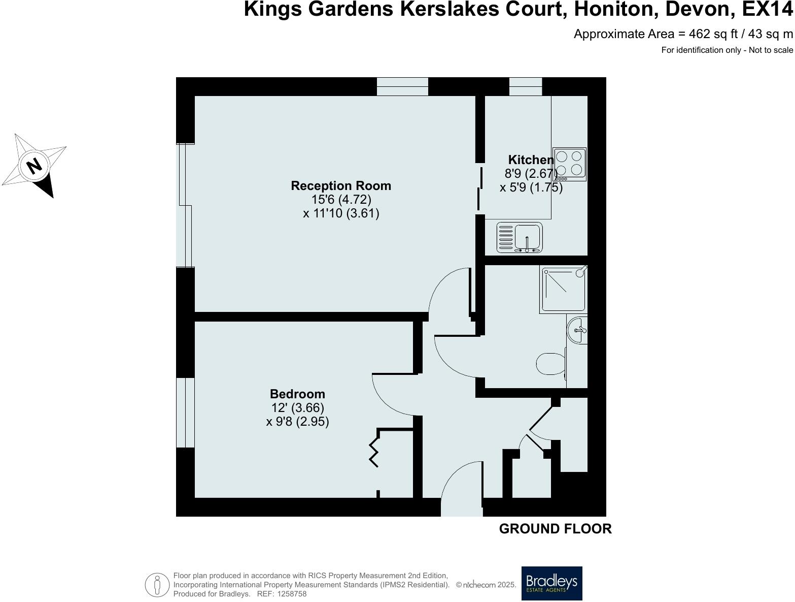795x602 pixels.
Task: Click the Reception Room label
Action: pyautogui.click(x=341, y=186)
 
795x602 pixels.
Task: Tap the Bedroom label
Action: pyautogui.click(x=297, y=394)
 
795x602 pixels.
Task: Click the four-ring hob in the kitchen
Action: pyautogui.click(x=569, y=164)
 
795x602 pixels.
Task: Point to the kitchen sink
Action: pyautogui.click(x=520, y=237)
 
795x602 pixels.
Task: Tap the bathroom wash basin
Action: pyautogui.click(x=578, y=330)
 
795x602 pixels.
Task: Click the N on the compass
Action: pyautogui.click(x=34, y=166)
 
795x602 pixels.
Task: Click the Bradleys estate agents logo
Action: pyautogui.click(x=552, y=583)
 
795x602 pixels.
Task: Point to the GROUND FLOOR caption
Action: pyautogui.click(x=555, y=529)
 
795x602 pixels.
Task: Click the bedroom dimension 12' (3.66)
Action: pyautogui.click(x=297, y=407)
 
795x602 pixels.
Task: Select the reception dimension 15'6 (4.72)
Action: pyautogui.click(x=341, y=199)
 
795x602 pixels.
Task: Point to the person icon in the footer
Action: pyautogui.click(x=157, y=585)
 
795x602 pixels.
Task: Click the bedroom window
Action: pyautogui.click(x=185, y=413)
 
